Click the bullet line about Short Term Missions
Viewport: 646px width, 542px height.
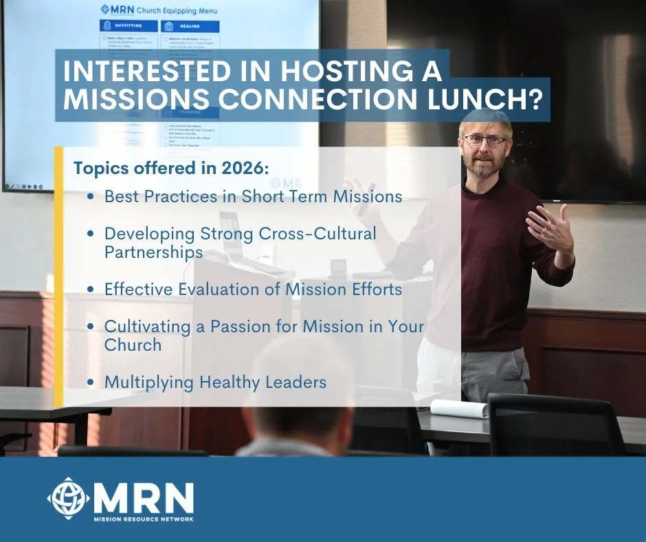pos(253,196)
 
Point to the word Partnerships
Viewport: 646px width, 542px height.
pos(153,252)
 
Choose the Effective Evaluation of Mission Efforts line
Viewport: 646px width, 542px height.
pos(253,289)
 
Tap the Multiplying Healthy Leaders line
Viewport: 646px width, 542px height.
pos(215,382)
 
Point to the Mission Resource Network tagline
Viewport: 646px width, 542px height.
pos(144,518)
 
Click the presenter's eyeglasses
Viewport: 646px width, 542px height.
pos(485,140)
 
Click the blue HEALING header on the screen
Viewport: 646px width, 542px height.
pos(190,27)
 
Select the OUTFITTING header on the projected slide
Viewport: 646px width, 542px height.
pos(129,27)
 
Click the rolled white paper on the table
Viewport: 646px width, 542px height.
pos(458,408)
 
